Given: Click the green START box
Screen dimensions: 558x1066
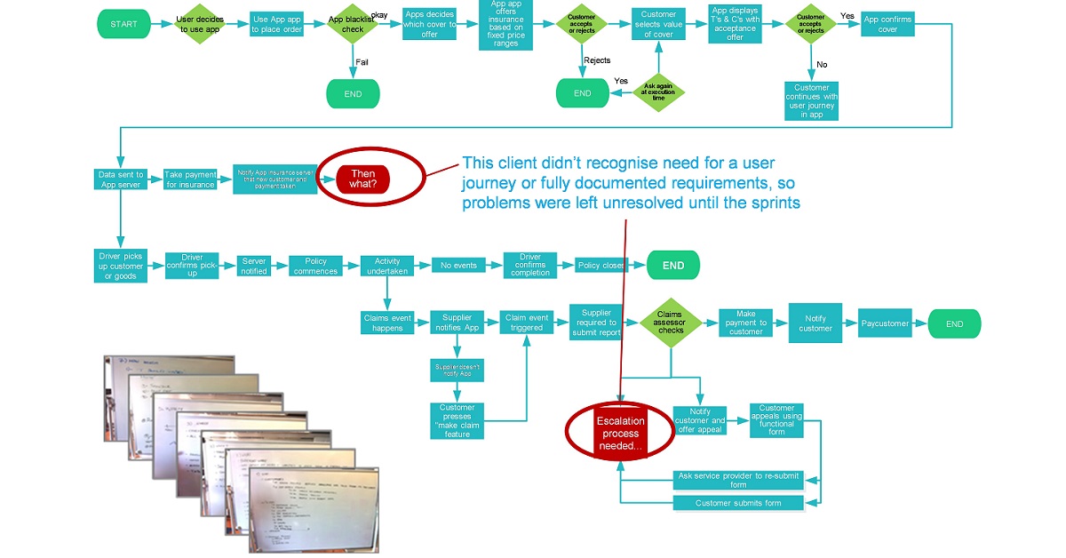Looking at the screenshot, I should click(123, 24).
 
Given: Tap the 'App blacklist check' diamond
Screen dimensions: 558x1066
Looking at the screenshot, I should click(353, 24).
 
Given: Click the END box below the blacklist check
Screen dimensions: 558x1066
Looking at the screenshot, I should click(353, 93).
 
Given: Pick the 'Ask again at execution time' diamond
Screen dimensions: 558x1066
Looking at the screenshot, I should click(658, 92).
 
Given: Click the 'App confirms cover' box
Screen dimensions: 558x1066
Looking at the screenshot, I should click(888, 24).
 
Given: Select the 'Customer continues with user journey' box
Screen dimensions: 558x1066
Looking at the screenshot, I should click(812, 100).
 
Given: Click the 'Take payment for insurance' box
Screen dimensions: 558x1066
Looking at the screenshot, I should click(191, 179).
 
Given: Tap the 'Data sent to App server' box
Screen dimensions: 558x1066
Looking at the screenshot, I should click(121, 179).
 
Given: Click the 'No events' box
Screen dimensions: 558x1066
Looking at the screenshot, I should click(458, 265).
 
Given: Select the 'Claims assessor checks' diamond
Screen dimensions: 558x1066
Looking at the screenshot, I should click(671, 323).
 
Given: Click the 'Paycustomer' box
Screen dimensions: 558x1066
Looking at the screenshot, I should click(885, 323).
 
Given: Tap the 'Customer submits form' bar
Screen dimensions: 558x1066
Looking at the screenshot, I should click(737, 503).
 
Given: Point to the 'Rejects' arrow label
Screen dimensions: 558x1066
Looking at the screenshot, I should click(597, 60).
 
